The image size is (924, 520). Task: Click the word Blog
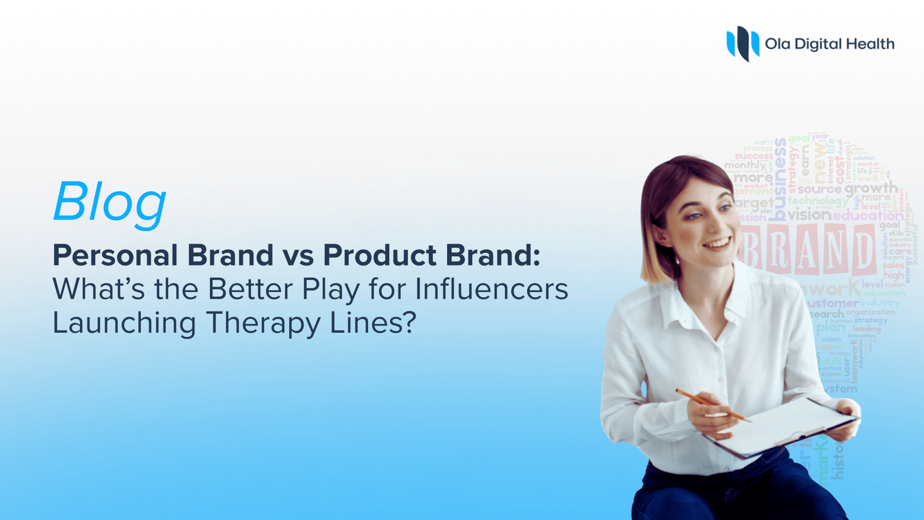110,202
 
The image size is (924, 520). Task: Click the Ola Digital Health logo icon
742,43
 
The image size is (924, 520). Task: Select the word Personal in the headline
115,255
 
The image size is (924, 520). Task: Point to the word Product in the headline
379,255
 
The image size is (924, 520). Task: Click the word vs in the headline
298,256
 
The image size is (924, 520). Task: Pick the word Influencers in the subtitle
491,289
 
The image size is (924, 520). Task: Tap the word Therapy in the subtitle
263,324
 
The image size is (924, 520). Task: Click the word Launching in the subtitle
124,324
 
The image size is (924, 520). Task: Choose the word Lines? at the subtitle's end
373,323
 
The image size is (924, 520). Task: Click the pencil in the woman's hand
712,404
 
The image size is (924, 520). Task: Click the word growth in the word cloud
871,188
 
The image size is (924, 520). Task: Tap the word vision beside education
809,215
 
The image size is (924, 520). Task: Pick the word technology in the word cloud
818,200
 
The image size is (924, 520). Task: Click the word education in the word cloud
867,215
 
